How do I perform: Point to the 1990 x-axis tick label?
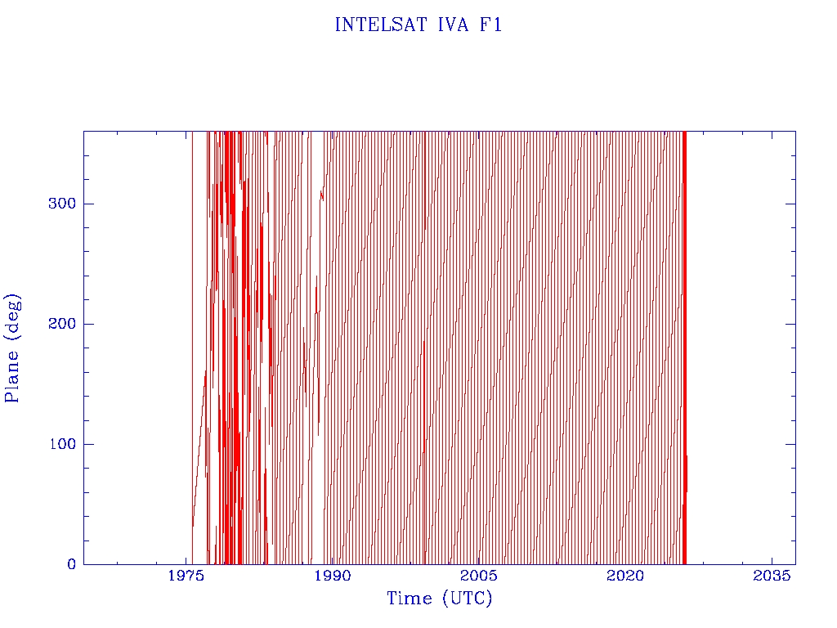[x=333, y=576]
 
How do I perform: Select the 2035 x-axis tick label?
[x=772, y=576]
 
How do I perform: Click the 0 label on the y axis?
[x=72, y=564]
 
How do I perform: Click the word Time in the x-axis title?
[x=410, y=599]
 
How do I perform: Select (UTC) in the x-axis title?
[x=467, y=599]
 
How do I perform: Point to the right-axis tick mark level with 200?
[x=791, y=324]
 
